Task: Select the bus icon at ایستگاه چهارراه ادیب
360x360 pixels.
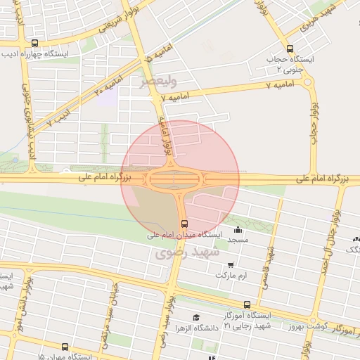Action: coord(35,43)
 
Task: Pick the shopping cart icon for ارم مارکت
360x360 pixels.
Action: coord(231,265)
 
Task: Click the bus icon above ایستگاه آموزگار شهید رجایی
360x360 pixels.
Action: coord(246,304)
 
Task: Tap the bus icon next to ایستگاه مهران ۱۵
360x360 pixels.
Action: coord(65,347)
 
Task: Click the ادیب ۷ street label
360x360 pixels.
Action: coord(60,115)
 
